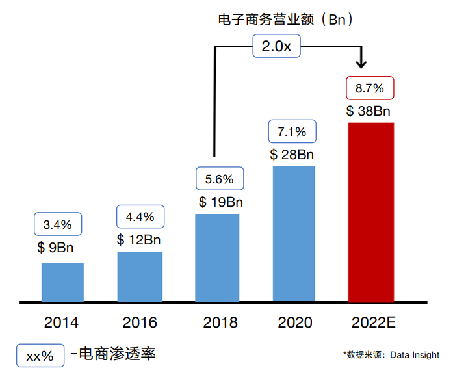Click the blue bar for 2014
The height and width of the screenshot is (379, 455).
[x=62, y=282]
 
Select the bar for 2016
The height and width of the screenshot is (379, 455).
[x=140, y=276]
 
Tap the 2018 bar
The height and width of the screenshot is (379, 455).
[x=217, y=257]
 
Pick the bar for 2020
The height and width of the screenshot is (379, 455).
[x=294, y=234]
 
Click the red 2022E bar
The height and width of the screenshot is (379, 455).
[x=370, y=212]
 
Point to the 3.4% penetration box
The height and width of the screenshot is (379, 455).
[x=58, y=225]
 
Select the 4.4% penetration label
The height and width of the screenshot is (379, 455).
[x=140, y=216]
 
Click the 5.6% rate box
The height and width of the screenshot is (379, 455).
[x=219, y=179]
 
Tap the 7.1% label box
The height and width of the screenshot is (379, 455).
[x=292, y=131]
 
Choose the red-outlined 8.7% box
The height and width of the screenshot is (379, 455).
[x=370, y=88]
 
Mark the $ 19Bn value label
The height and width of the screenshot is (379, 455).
[x=221, y=202]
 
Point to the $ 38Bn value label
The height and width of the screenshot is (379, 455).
[x=370, y=111]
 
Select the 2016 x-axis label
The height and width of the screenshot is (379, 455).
[x=140, y=322]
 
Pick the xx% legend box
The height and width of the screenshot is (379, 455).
[x=40, y=356]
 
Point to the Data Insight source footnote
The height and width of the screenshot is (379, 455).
[x=391, y=355]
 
